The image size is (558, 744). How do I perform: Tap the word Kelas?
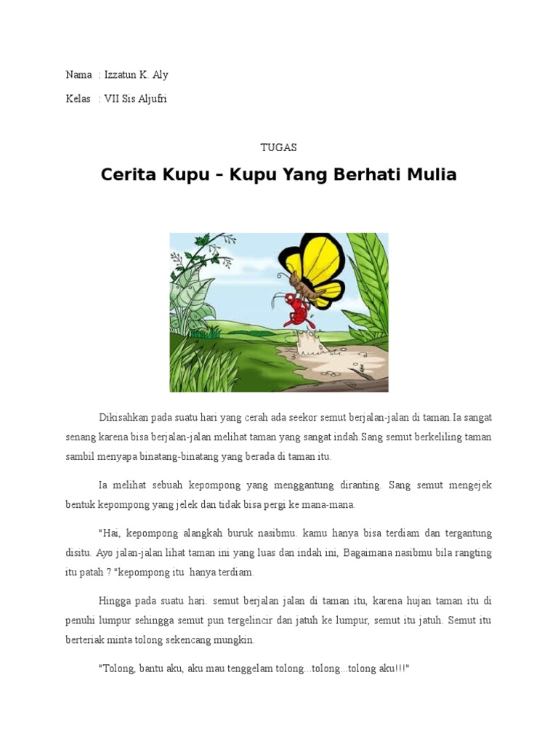(78, 99)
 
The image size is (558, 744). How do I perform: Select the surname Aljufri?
(149, 99)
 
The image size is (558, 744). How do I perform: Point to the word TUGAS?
(279, 147)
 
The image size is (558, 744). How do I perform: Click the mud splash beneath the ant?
(312, 341)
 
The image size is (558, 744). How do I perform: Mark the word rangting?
(472, 553)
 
